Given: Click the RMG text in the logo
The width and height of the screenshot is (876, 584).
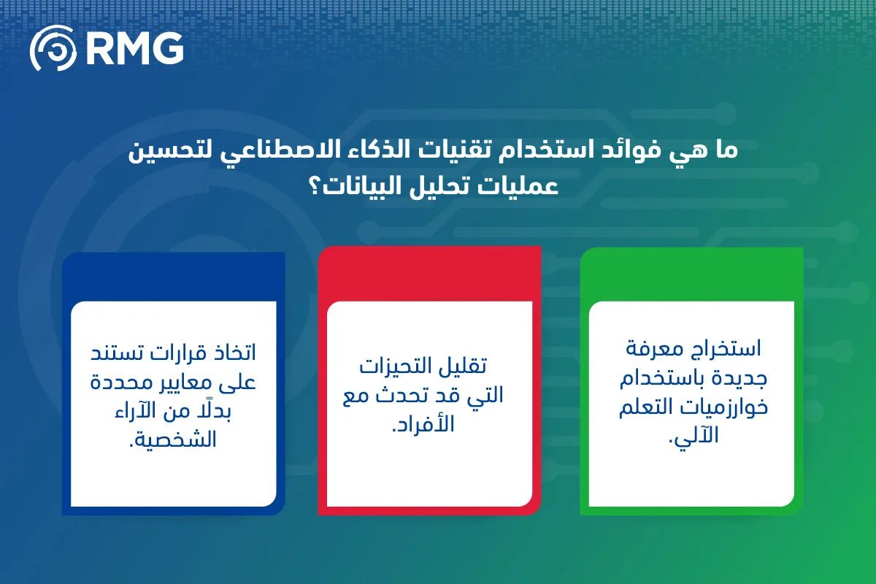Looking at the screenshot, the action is click(135, 48).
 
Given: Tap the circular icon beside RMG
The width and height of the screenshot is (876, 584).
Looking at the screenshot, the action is click(53, 48).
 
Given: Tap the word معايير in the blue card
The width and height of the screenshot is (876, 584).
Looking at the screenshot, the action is click(184, 383).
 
